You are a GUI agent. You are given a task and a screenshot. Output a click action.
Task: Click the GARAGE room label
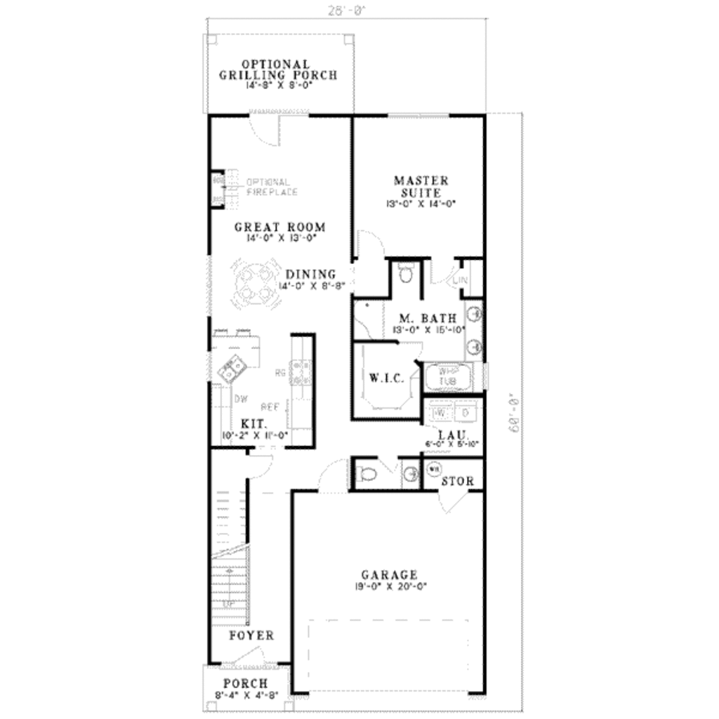(x=389, y=574)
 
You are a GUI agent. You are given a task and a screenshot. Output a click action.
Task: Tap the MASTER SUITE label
(x=421, y=186)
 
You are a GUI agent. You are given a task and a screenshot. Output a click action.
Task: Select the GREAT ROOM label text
(x=279, y=227)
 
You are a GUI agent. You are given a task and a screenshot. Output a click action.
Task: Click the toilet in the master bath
(x=406, y=272)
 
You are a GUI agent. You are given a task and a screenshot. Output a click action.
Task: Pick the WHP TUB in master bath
(x=447, y=376)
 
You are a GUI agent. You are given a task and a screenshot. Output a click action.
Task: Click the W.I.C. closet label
(x=385, y=378)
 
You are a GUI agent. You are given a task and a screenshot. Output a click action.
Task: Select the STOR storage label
(x=458, y=482)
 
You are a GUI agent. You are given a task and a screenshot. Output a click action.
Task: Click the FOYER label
(x=251, y=635)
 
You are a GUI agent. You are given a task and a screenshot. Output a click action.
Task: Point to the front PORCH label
(x=245, y=683)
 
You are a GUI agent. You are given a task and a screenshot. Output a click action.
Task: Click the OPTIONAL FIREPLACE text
(x=272, y=186)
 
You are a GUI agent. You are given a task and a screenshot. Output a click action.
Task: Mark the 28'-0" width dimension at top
(x=347, y=11)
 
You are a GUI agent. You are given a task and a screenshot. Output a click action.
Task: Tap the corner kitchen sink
(x=232, y=367)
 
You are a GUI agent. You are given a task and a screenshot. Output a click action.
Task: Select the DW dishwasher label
(x=240, y=398)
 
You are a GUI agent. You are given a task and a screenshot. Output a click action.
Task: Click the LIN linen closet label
(x=461, y=280)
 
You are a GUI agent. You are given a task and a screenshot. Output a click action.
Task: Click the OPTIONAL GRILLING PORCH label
(x=277, y=70)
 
